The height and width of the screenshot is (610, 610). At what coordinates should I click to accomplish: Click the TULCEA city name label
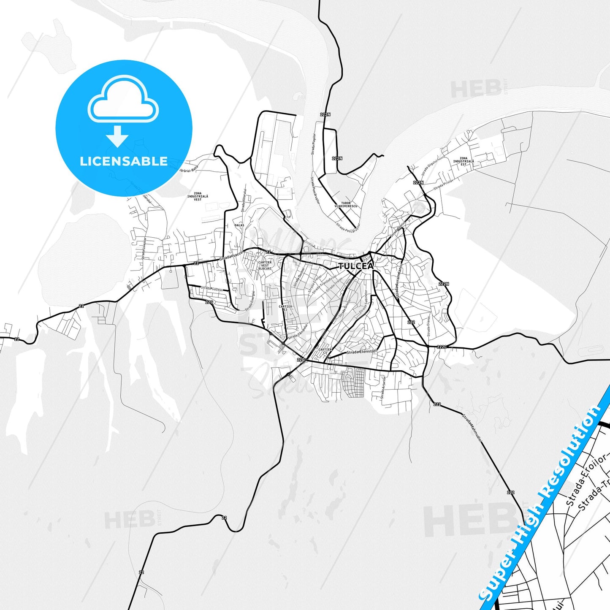(356, 266)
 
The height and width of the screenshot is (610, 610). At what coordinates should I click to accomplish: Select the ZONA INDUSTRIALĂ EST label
(464, 161)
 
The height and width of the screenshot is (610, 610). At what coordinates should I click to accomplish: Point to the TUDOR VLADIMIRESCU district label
(346, 205)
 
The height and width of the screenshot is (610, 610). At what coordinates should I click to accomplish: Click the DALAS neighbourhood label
(239, 225)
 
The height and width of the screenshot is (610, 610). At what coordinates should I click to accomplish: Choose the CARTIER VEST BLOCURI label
(265, 265)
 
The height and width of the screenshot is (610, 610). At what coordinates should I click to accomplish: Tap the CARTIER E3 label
(285, 308)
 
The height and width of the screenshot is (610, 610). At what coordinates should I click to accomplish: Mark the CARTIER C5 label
(325, 351)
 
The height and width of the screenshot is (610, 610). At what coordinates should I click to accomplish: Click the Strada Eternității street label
(361, 352)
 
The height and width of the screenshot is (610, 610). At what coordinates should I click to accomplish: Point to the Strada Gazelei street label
(211, 289)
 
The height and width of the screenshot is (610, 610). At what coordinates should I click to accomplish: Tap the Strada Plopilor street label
(314, 144)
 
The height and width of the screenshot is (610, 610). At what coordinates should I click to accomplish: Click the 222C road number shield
(442, 347)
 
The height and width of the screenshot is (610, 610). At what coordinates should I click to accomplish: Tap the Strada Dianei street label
(428, 326)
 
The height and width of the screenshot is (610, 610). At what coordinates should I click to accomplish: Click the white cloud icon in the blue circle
(123, 100)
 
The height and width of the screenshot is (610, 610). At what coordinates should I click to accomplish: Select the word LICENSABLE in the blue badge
(124, 161)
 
